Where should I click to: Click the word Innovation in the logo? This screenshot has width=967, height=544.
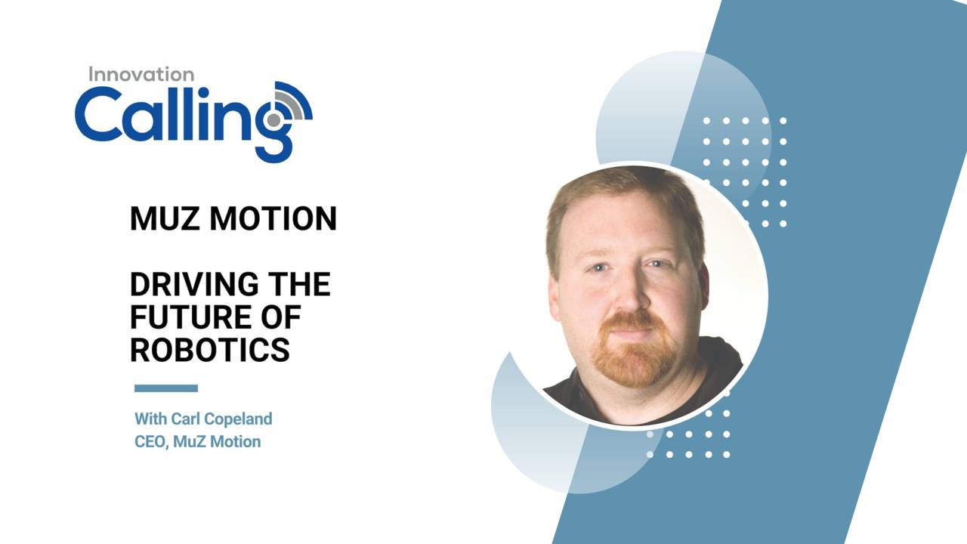(x=141, y=74)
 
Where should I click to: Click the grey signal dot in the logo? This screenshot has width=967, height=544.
(x=273, y=119)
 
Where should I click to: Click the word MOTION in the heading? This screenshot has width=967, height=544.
(x=273, y=219)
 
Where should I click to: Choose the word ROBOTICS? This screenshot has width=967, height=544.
(x=210, y=350)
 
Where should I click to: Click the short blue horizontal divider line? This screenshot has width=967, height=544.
(x=166, y=388)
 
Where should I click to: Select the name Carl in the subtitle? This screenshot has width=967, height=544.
(x=187, y=419)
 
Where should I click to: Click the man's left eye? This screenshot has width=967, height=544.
(x=657, y=264)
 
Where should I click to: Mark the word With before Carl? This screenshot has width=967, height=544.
(x=151, y=419)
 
